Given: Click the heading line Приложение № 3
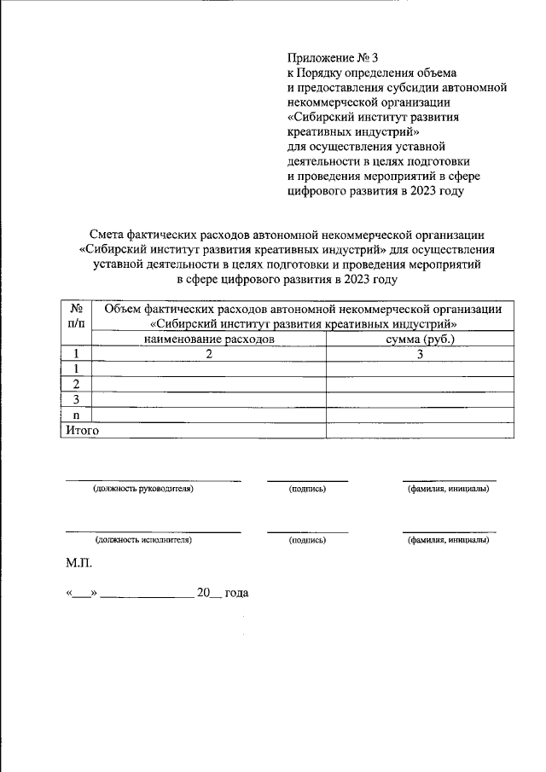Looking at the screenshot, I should [332, 59].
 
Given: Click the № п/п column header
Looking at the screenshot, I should [76, 316].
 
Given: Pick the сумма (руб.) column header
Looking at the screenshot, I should [420, 339].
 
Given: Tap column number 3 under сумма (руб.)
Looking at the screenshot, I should [420, 353].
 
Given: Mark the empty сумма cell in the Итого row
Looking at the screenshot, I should [420, 431].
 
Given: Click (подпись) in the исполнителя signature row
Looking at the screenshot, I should [308, 540].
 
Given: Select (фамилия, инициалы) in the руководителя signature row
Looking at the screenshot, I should [448, 489].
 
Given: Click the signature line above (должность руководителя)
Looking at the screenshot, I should [154, 481].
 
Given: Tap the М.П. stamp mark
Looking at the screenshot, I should [78, 564].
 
